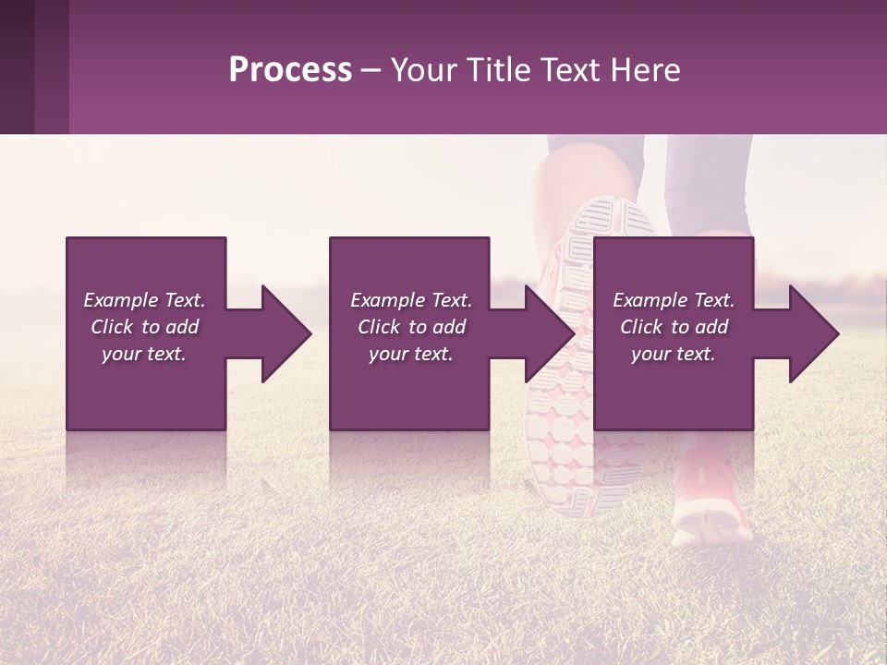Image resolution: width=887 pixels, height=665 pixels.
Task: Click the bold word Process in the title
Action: (290, 69)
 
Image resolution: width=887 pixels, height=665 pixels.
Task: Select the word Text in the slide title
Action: (571, 69)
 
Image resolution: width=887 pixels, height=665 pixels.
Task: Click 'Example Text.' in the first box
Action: (144, 300)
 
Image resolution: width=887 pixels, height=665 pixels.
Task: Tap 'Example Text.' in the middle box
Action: (411, 300)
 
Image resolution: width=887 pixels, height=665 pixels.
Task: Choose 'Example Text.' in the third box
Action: (674, 300)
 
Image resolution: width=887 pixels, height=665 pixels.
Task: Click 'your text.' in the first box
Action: (144, 354)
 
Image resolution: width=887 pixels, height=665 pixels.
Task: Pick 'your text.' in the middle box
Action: (411, 354)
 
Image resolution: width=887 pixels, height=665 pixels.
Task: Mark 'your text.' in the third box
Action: (674, 354)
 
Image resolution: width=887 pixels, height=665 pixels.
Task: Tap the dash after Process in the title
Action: (371, 70)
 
